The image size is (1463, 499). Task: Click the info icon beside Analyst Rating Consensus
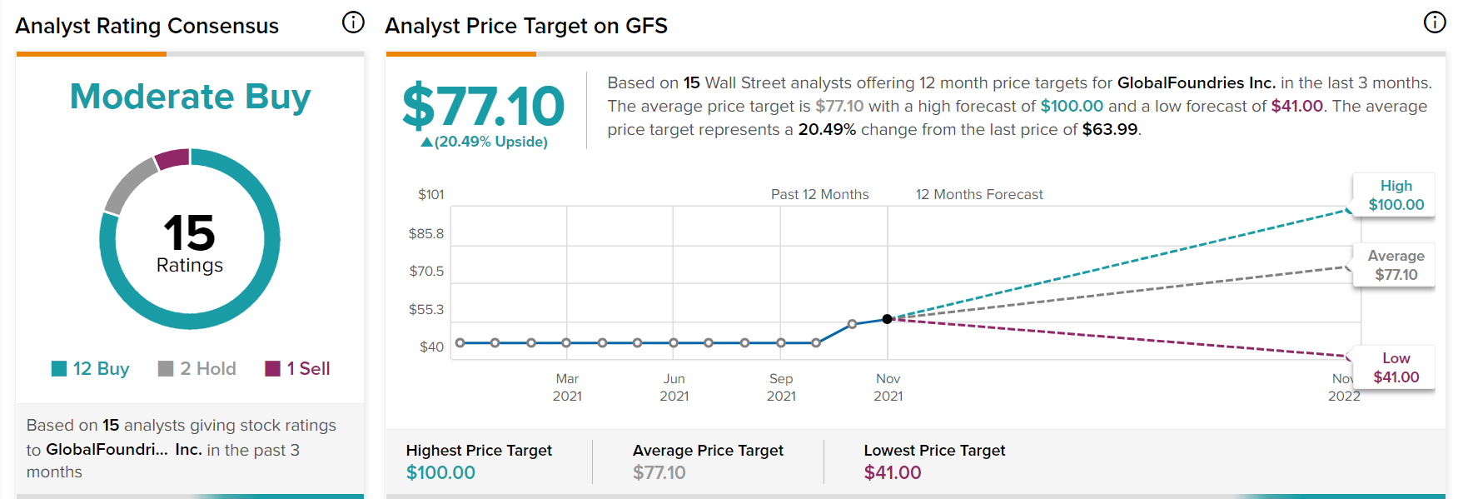point(353,22)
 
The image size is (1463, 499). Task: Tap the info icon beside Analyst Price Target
point(1434,22)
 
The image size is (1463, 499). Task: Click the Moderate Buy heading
point(190,97)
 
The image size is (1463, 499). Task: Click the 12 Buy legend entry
point(90,368)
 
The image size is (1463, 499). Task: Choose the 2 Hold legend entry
point(197,368)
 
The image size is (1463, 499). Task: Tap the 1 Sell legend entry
point(297,368)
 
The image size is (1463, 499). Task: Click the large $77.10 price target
point(483,107)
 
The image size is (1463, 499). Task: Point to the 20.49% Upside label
point(485,142)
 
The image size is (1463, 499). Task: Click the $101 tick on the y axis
point(430,194)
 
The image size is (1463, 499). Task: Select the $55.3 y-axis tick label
point(425,309)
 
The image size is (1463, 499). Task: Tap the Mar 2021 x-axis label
point(567,387)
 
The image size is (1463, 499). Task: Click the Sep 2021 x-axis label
point(781,387)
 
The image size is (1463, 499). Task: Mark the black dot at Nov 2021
point(888,319)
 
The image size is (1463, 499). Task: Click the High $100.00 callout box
point(1396,195)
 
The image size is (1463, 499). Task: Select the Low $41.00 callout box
point(1396,367)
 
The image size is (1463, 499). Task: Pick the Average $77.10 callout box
point(1396,265)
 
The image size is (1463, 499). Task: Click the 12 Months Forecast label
point(979,194)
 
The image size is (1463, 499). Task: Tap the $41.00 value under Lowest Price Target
point(893,472)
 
